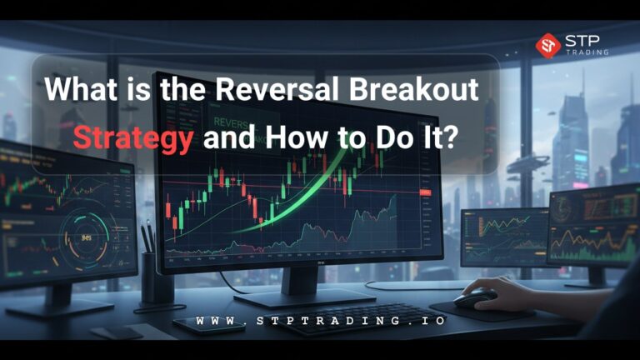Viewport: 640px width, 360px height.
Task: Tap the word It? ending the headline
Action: point(435,135)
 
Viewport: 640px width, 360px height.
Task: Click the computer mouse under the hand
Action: point(475,299)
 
